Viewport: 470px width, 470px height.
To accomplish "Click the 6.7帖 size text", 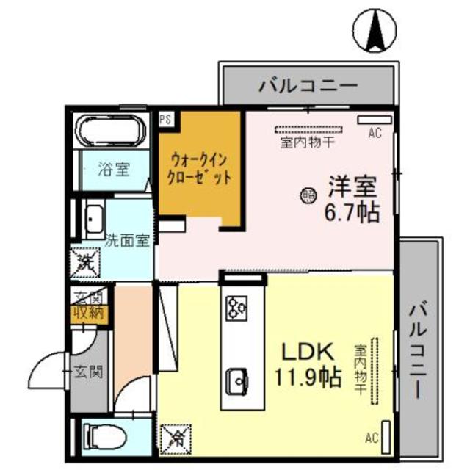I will [x=352, y=214].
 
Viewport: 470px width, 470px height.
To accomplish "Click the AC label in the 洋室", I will [x=375, y=133].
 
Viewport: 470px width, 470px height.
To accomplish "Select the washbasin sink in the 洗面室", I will [x=94, y=217].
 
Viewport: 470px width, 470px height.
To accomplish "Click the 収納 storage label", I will [x=89, y=314].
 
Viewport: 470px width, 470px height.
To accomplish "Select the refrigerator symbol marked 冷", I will [x=176, y=439].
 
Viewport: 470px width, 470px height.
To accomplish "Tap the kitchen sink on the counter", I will [x=239, y=379].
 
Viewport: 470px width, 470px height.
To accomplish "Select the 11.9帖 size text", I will [x=308, y=377].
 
